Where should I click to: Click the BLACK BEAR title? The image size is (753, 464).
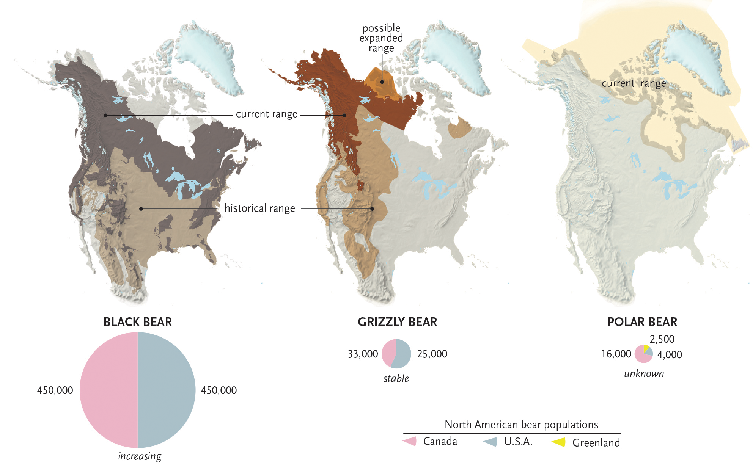pyautogui.click(x=138, y=322)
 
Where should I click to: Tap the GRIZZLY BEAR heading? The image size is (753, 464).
pyautogui.click(x=397, y=322)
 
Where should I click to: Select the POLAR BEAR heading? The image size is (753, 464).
pyautogui.click(x=642, y=322)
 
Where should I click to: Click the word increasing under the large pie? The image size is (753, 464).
pyautogui.click(x=139, y=456)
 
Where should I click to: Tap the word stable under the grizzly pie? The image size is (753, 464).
pyautogui.click(x=396, y=378)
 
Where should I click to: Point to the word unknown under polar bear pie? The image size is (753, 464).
pyautogui.click(x=644, y=373)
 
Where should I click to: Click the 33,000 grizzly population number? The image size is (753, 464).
pyautogui.click(x=363, y=354)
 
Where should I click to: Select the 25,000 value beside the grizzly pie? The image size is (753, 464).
pyautogui.click(x=432, y=354)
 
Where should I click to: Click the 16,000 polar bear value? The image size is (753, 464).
pyautogui.click(x=616, y=354)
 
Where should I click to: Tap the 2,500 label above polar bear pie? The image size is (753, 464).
pyautogui.click(x=662, y=339)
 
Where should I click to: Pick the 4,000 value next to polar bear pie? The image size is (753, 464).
pyautogui.click(x=670, y=355)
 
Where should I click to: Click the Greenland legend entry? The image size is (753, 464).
pyautogui.click(x=596, y=442)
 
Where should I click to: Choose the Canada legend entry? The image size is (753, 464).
pyautogui.click(x=440, y=441)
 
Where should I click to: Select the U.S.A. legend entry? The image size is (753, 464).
pyautogui.click(x=518, y=442)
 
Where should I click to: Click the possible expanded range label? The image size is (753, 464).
pyautogui.click(x=381, y=38)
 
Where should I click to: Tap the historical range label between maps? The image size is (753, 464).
pyautogui.click(x=259, y=208)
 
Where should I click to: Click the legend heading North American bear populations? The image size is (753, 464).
pyautogui.click(x=521, y=424)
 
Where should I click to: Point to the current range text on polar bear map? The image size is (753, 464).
pyautogui.click(x=634, y=83)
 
